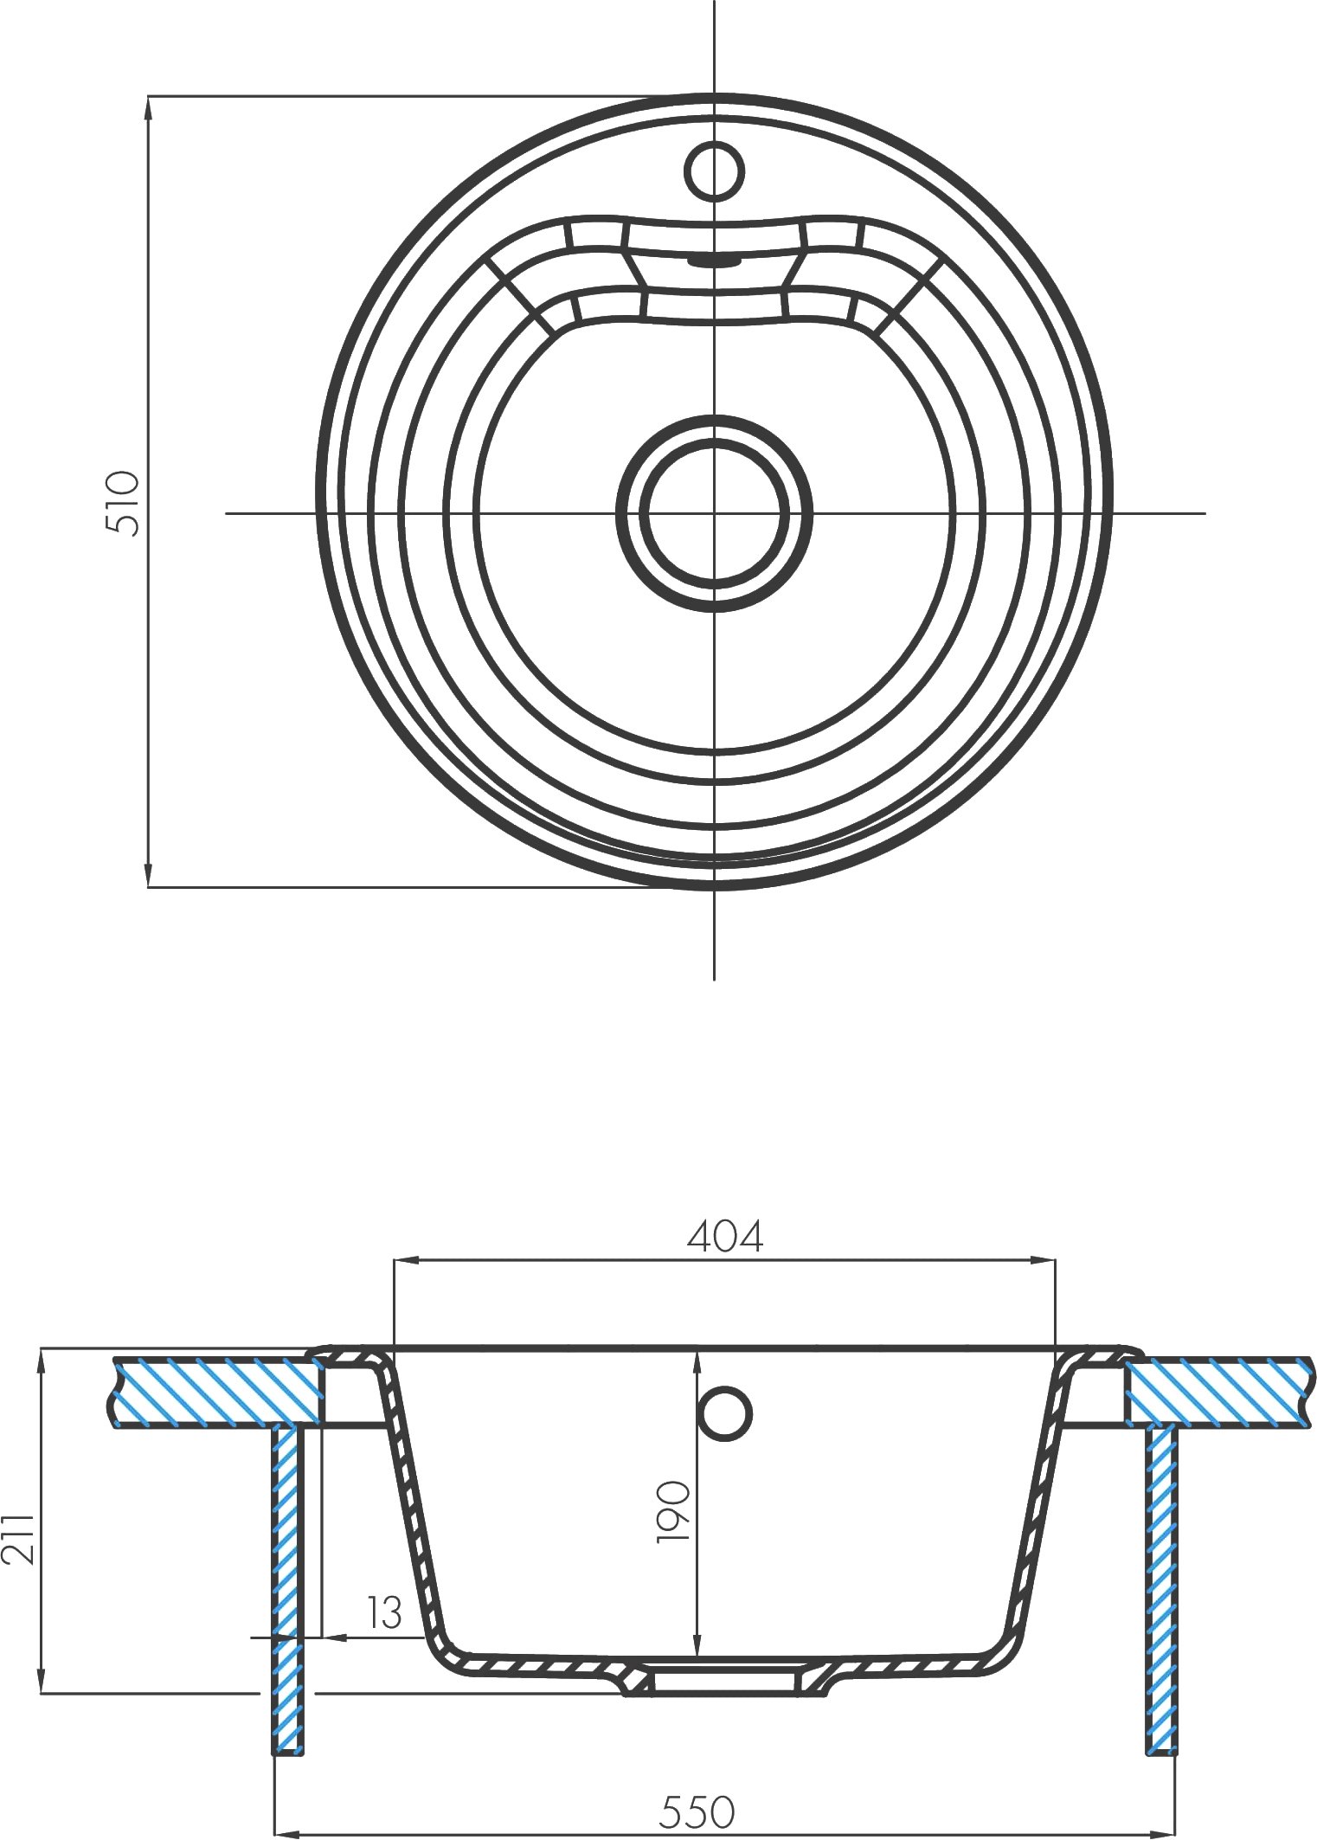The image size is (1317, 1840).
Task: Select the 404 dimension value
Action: [x=725, y=1238]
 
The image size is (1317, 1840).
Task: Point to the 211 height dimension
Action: [x=19, y=1538]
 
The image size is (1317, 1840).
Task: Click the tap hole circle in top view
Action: [x=715, y=170]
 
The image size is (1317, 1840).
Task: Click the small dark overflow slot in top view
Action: [x=715, y=258]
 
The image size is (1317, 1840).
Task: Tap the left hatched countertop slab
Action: [x=216, y=1391]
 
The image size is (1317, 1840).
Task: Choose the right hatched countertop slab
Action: [x=1216, y=1391]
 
